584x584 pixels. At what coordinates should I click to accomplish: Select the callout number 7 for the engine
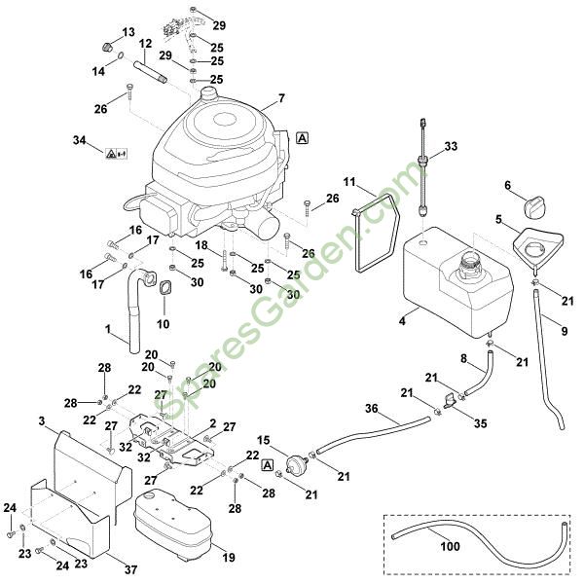click(281, 98)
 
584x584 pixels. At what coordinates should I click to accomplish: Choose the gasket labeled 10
click(164, 292)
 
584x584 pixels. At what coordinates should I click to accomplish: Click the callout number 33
click(450, 147)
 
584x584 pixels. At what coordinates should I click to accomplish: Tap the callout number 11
click(351, 182)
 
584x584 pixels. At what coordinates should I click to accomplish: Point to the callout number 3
click(42, 420)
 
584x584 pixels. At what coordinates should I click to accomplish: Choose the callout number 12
click(146, 44)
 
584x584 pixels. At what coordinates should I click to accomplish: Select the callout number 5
click(499, 220)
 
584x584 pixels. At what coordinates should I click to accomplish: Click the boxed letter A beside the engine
click(304, 138)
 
